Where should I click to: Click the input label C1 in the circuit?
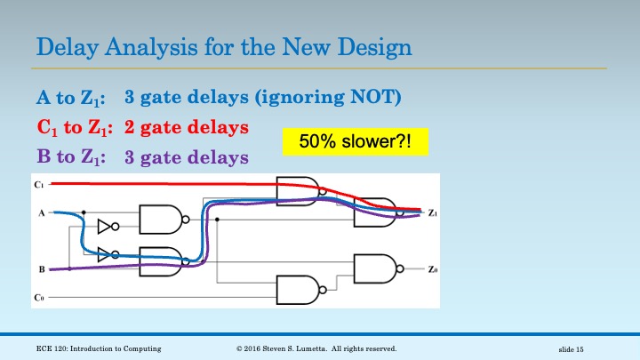click(x=38, y=185)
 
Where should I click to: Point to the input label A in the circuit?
click(x=41, y=213)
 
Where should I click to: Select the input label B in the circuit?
click(x=41, y=268)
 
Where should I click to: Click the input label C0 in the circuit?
click(x=38, y=297)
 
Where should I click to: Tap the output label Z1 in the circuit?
click(x=432, y=213)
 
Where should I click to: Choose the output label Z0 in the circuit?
click(x=432, y=269)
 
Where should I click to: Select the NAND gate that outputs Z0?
click(x=375, y=268)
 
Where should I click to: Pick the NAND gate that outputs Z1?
click(x=375, y=212)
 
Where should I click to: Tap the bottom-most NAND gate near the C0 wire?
click(x=299, y=290)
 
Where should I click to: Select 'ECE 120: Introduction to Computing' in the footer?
click(x=99, y=348)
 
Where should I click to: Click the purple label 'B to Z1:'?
click(x=69, y=157)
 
